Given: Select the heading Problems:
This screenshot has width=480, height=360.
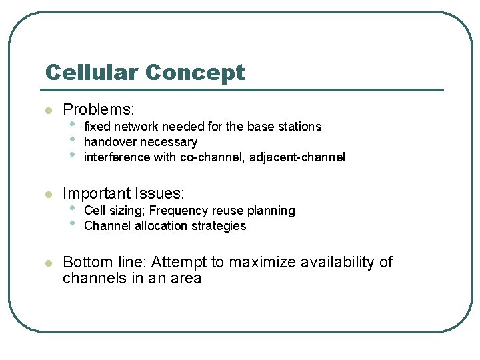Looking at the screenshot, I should pos(99,109).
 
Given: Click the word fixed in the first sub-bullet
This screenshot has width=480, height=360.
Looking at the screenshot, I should pos(97,127).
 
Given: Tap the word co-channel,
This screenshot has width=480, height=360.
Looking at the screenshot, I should pos(213,157).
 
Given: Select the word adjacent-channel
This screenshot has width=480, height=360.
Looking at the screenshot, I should pos(297,157).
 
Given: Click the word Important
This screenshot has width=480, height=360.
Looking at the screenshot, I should pos(97,194).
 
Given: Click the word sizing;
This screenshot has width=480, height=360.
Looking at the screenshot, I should pos(127,211).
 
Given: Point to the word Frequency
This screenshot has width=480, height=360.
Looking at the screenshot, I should pos(176,211).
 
